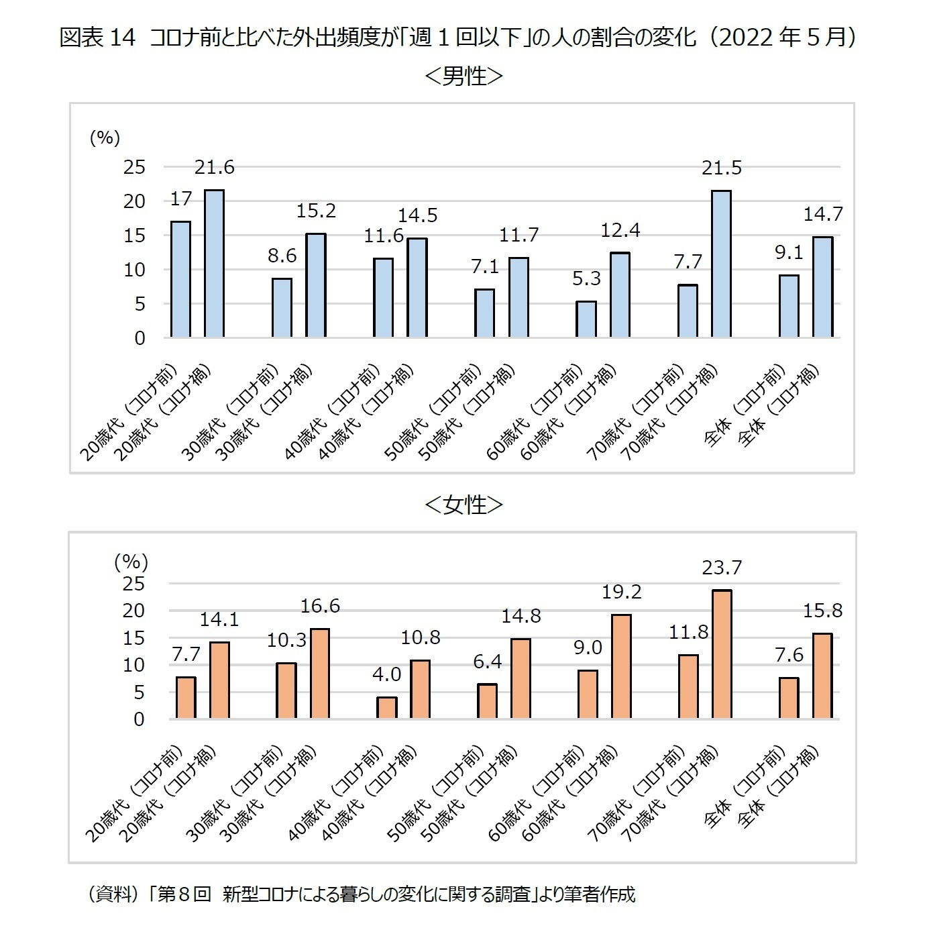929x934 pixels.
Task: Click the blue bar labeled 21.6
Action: point(215,264)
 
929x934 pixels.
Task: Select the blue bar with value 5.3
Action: point(586,319)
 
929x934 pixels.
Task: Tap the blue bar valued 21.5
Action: point(722,264)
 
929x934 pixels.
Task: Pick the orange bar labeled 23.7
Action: point(722,654)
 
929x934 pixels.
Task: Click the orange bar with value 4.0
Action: point(387,708)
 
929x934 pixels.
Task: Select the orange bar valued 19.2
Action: point(621,666)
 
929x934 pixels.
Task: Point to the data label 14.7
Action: point(823,215)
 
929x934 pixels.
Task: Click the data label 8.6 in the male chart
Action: point(282,256)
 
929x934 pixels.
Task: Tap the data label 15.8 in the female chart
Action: point(823,611)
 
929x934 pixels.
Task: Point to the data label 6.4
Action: point(488,662)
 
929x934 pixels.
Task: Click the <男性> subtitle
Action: point(463,76)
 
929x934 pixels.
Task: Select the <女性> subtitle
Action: point(463,505)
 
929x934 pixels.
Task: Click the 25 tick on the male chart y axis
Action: point(134,167)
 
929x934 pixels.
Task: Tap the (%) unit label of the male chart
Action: point(105,138)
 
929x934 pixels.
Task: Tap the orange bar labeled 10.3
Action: point(286,690)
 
